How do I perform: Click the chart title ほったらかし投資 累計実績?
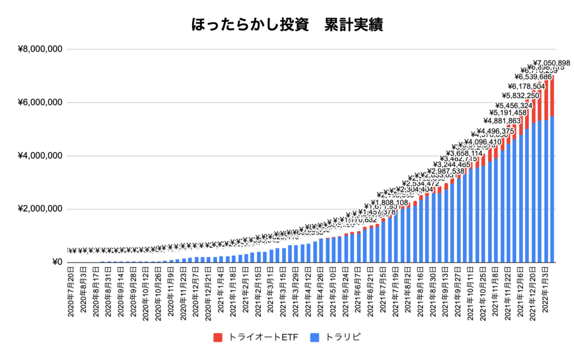click(x=287, y=25)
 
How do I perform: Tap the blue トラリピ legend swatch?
click(x=328, y=337)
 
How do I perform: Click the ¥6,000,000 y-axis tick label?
click(x=40, y=103)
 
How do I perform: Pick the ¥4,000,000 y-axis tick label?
click(x=40, y=156)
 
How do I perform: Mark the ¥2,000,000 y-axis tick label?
click(x=40, y=209)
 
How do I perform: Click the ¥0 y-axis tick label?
click(x=57, y=262)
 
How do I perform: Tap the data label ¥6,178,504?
click(x=527, y=86)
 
